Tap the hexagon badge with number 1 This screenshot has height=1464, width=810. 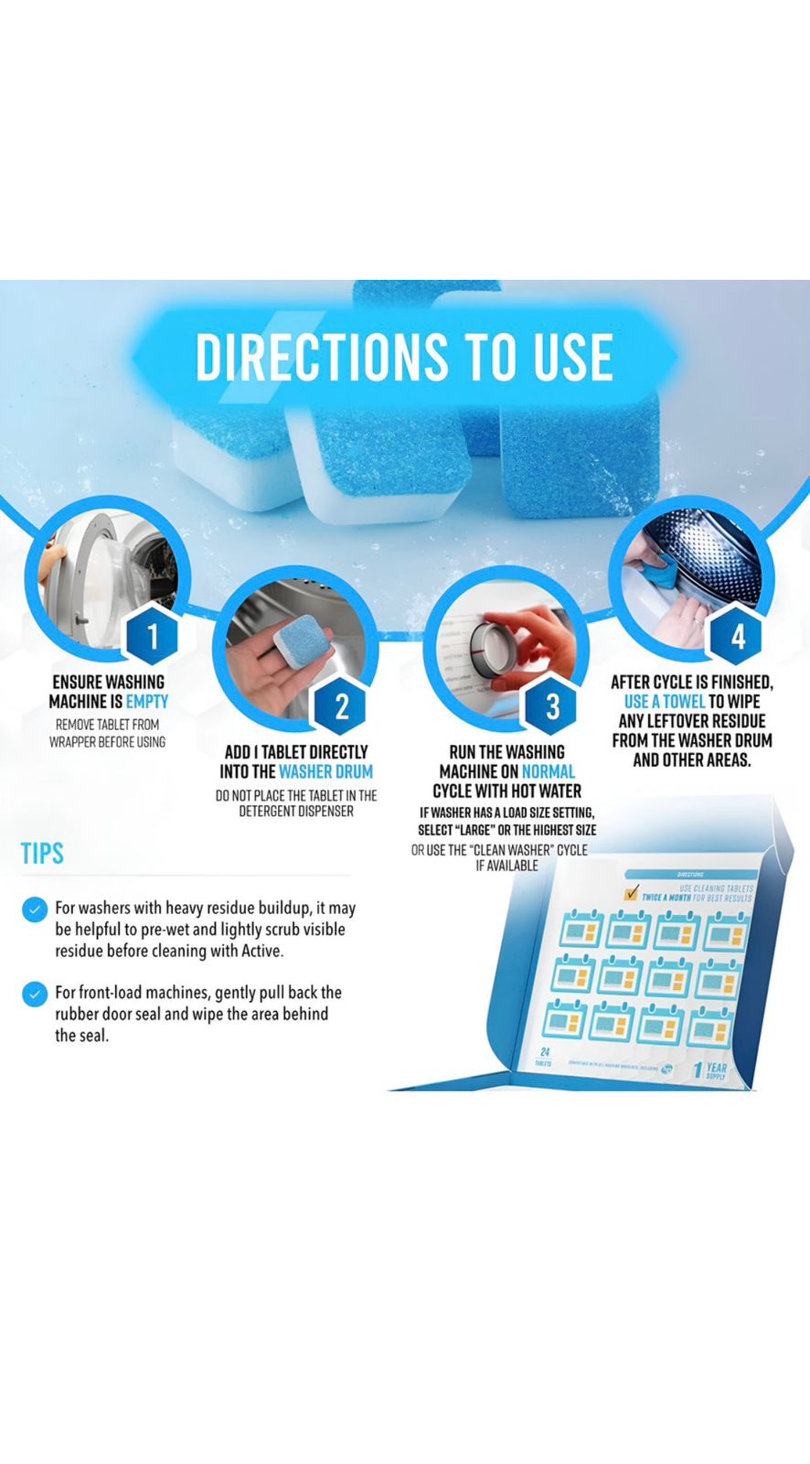click(x=152, y=635)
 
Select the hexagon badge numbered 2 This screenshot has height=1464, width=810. click(x=341, y=705)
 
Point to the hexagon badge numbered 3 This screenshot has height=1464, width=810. click(x=552, y=705)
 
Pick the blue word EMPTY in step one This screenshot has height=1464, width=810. click(x=147, y=702)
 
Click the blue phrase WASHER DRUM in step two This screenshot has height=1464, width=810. click(x=325, y=771)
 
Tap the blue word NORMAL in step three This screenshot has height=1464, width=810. click(x=549, y=771)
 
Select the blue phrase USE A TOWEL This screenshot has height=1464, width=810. click(x=665, y=702)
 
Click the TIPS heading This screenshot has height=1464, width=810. click(x=42, y=854)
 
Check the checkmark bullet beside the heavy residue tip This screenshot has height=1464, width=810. click(x=35, y=910)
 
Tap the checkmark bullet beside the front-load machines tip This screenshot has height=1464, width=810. click(x=35, y=994)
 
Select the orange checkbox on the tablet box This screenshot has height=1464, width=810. click(x=631, y=893)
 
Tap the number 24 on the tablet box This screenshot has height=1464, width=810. click(x=545, y=1052)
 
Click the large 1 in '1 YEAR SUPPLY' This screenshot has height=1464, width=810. click(x=698, y=1070)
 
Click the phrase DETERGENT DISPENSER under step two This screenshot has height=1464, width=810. click(x=296, y=811)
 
